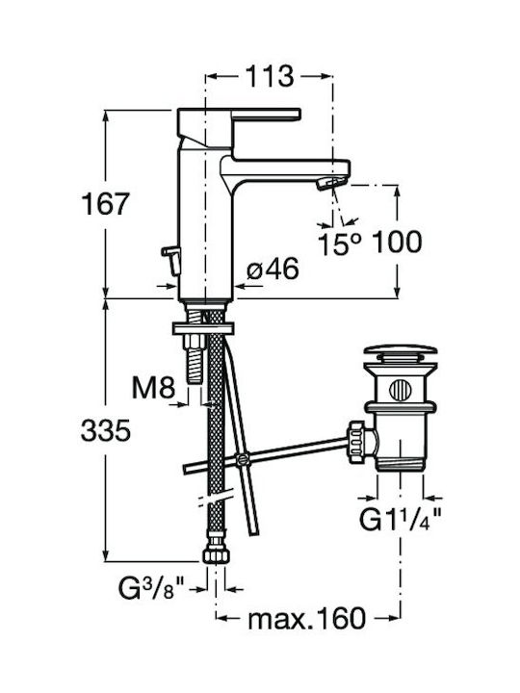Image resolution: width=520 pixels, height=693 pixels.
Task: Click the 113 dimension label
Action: point(270,76)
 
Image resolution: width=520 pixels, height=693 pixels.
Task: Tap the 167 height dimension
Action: point(105,204)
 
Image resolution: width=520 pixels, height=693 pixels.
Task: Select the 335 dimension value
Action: point(106,430)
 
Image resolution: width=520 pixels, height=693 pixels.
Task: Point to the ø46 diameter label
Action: point(273,269)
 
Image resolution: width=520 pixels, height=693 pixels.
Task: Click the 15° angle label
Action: point(340,244)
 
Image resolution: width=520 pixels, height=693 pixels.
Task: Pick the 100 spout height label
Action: point(397,242)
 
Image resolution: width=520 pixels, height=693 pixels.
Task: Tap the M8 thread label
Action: point(153,388)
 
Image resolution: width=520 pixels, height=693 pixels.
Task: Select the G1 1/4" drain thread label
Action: point(401,519)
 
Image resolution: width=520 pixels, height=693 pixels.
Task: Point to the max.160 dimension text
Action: point(307,618)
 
